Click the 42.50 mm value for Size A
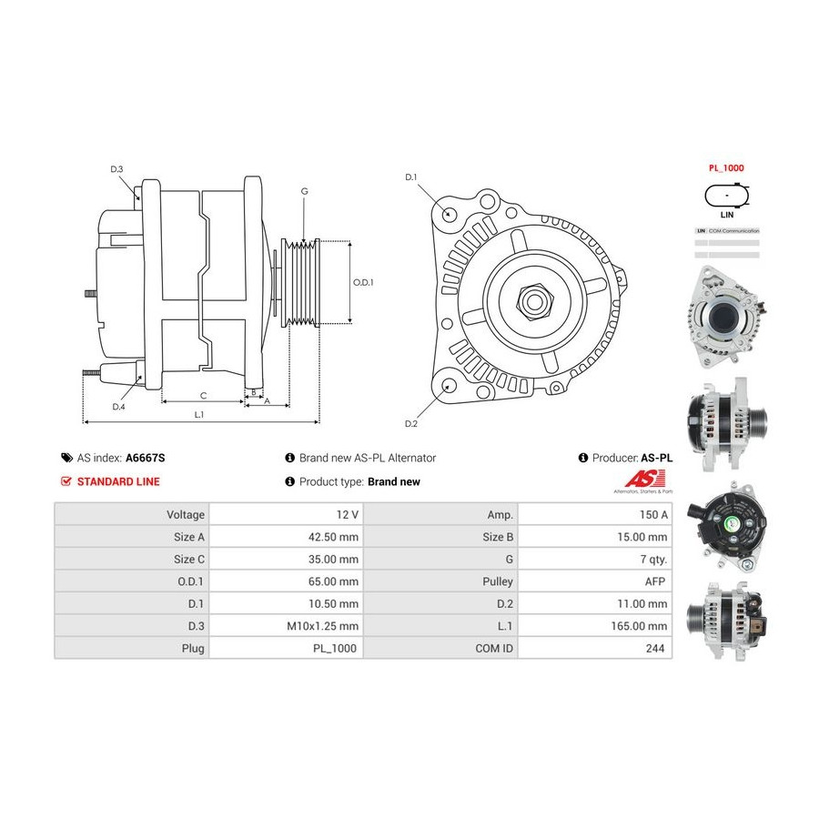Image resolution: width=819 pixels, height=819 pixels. [x=335, y=537]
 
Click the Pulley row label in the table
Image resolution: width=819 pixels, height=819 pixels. [x=500, y=581]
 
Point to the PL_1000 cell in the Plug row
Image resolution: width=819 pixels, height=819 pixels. [x=336, y=649]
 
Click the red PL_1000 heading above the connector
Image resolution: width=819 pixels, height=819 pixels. [x=726, y=169]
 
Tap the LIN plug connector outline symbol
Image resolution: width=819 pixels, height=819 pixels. [x=726, y=196]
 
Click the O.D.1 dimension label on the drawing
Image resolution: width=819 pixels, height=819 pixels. [x=363, y=282]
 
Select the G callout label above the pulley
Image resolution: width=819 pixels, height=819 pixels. [x=304, y=191]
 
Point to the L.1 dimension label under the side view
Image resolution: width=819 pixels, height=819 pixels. [x=199, y=414]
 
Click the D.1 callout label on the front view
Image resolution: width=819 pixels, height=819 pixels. [x=410, y=177]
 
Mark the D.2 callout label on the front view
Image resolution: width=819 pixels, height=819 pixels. [x=410, y=423]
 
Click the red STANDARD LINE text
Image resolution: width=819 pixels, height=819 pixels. [x=118, y=481]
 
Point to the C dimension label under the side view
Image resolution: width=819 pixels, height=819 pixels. [x=203, y=395]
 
